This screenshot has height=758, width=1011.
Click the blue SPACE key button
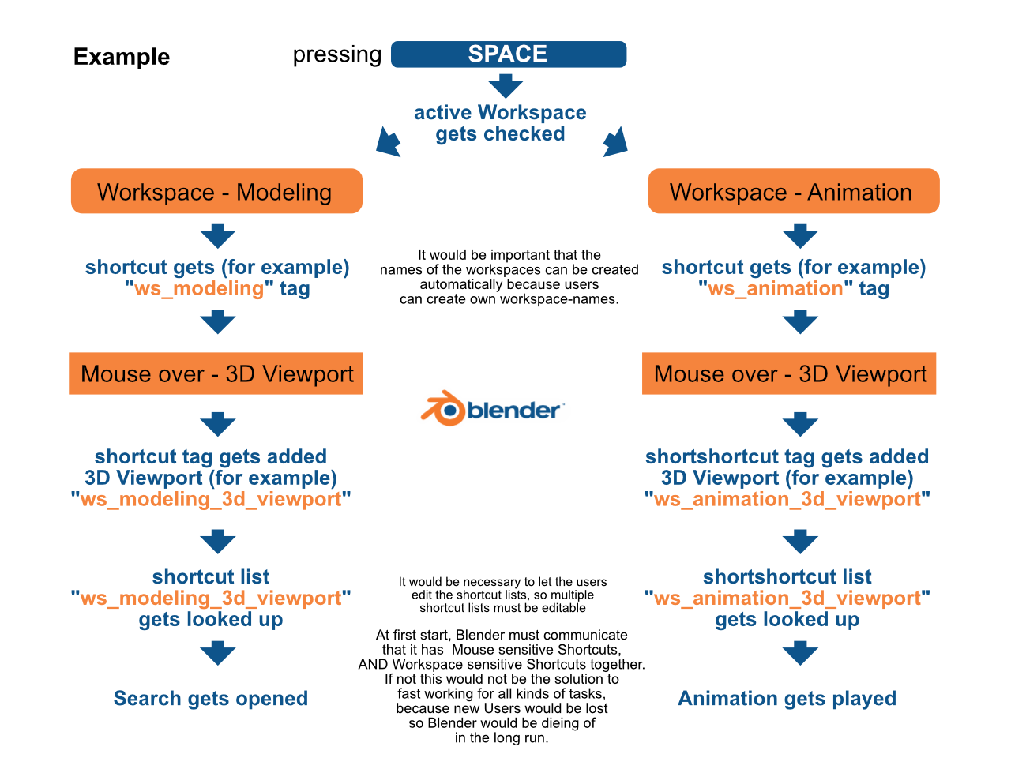508,54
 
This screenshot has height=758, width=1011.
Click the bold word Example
122,57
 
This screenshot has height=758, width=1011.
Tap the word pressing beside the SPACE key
337,55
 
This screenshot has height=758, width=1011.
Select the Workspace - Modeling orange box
216,191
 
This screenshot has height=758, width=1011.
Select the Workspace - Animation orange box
793,191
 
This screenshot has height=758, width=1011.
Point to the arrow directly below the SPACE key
505,86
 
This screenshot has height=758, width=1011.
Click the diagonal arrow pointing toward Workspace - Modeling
388,142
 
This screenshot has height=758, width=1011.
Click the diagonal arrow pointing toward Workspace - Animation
616,142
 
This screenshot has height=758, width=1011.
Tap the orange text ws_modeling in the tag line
199,288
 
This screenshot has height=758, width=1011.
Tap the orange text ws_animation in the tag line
775,288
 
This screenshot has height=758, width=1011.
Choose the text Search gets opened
211,699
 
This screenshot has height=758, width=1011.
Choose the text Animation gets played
787,699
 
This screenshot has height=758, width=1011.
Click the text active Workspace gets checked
500,123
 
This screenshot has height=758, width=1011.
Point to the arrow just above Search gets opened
218,653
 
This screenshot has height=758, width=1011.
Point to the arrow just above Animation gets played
801,653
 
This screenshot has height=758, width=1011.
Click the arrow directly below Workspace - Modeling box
218,237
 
